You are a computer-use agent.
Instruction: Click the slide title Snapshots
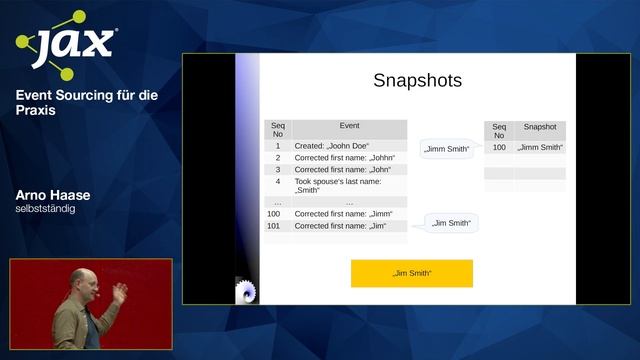[417, 81]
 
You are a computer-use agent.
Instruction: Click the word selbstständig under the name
[45, 209]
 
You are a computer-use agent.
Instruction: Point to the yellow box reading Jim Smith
[411, 273]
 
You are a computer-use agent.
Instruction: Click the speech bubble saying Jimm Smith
[446, 149]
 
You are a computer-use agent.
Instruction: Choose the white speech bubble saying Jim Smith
[452, 223]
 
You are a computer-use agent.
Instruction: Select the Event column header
[349, 127]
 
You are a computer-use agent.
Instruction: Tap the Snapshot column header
[540, 128]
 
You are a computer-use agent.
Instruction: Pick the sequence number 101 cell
[274, 226]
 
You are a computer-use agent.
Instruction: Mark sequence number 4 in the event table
[278, 182]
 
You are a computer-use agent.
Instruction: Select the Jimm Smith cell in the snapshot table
[540, 148]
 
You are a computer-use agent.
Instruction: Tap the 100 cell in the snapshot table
[499, 148]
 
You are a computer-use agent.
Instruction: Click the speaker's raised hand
[120, 292]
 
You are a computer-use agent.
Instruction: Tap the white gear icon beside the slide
[245, 291]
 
